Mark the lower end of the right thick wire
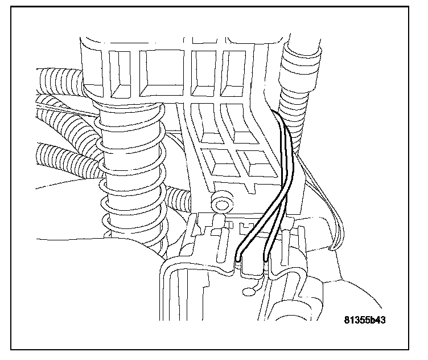265,262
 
